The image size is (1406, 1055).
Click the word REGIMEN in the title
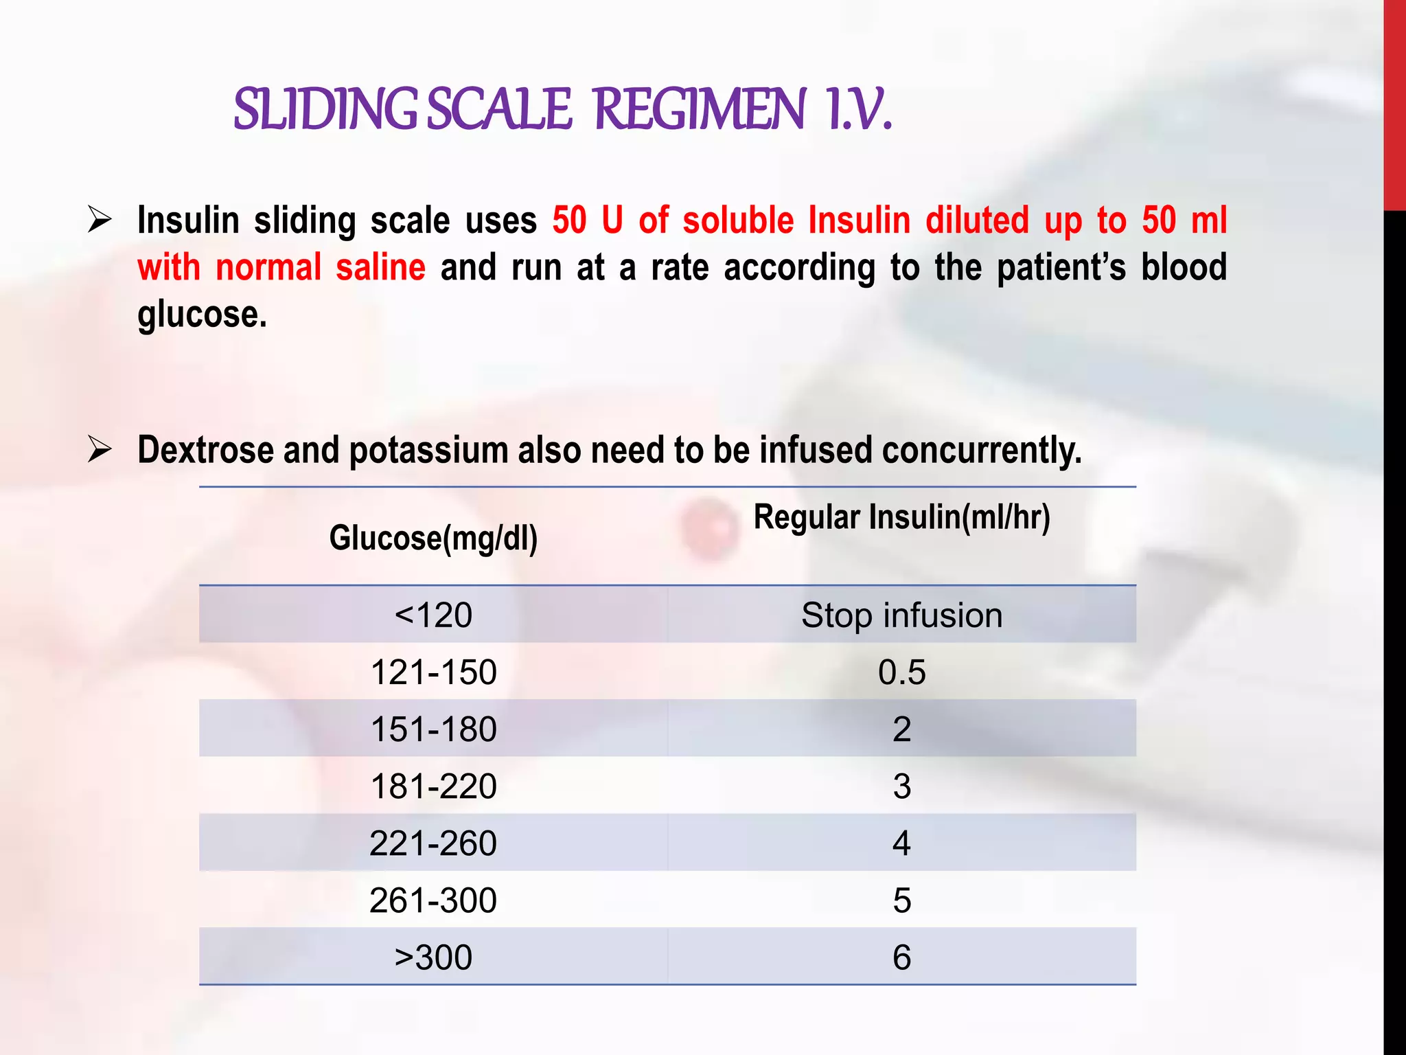699,110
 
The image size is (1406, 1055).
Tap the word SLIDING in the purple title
325,110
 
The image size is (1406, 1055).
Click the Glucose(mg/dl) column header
433,538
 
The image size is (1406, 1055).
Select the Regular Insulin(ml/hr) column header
901,517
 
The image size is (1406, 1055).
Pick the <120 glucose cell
433,615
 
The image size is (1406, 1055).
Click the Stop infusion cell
901,615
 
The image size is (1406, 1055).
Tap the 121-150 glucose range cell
433,672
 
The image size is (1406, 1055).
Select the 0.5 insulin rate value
901,672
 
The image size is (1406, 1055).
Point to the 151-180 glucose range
433,729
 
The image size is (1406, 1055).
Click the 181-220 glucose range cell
433,786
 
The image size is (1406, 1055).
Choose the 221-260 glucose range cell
433,843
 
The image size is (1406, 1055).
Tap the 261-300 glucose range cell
433,900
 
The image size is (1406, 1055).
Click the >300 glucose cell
433,957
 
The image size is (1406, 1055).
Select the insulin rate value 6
901,957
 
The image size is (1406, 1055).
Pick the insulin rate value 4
901,843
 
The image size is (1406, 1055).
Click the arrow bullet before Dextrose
100,450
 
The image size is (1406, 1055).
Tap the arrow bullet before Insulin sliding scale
100,220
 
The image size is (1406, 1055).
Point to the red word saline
380,267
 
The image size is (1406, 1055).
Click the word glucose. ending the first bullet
202,315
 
